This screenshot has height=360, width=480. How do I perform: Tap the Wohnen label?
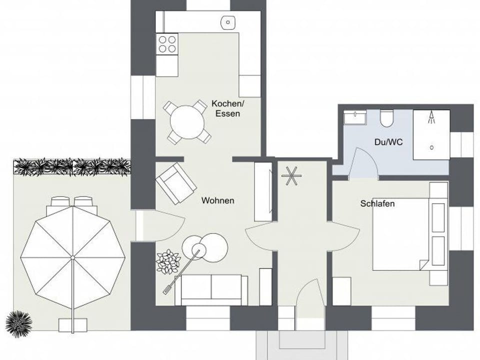[217, 200]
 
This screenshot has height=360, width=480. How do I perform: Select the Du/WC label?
[388, 142]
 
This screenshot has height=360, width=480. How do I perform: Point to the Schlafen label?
[377, 203]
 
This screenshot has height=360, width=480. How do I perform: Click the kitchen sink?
[229, 21]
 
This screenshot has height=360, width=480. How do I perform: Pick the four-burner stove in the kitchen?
[167, 43]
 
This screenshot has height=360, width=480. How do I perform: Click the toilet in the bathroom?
[386, 118]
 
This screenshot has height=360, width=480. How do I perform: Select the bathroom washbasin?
[355, 117]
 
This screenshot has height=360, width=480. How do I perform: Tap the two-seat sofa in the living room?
[211, 289]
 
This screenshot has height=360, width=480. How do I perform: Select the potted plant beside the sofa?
[168, 261]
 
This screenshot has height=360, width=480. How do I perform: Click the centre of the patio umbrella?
[73, 257]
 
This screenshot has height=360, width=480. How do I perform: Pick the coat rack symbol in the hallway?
[289, 175]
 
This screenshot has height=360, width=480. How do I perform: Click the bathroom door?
[363, 164]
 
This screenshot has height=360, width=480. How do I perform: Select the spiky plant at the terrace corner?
[19, 320]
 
